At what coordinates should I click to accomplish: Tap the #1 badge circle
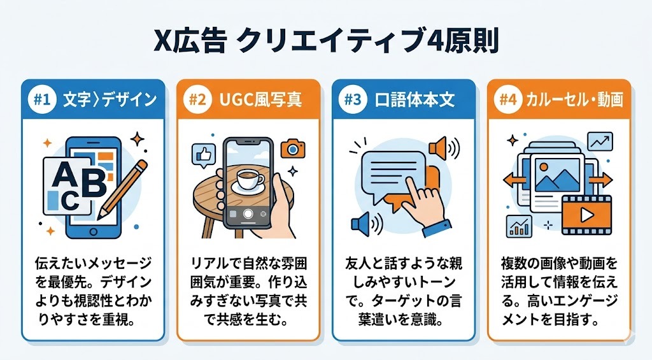pyautogui.click(x=41, y=100)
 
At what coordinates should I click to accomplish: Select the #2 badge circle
pyautogui.click(x=197, y=100)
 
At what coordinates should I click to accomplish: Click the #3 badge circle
pyautogui.click(x=351, y=100)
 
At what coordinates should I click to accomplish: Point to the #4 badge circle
pyautogui.click(x=507, y=100)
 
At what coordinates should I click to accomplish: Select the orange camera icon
pyautogui.click(x=292, y=148)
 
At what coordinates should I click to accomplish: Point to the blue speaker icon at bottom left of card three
pyautogui.click(x=362, y=223)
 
